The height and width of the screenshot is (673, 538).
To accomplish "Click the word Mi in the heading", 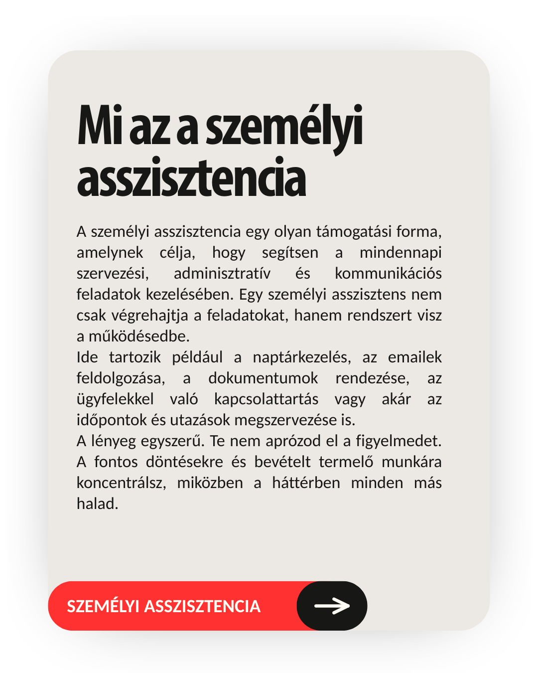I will click(x=100, y=126).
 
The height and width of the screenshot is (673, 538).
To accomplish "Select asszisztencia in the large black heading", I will click(x=191, y=178).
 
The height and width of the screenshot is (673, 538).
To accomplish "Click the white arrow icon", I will click(x=332, y=606).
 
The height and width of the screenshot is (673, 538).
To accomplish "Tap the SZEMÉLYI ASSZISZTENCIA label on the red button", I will click(x=163, y=606).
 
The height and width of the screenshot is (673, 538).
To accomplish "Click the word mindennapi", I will click(x=401, y=253).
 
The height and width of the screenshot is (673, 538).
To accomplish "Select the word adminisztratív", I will click(x=222, y=274).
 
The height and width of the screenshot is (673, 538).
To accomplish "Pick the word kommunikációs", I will click(x=388, y=274).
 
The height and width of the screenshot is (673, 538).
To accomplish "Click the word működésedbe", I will click(x=139, y=336).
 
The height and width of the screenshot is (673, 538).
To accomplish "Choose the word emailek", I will click(x=414, y=357).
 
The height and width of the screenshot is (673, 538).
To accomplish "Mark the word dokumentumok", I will click(x=263, y=378).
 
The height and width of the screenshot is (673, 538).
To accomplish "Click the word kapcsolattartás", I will click(x=266, y=399).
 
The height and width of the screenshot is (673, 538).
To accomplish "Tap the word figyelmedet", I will click(x=399, y=441).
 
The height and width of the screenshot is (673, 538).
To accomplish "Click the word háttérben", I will click(x=306, y=483).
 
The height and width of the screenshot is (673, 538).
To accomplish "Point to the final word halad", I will click(x=97, y=504).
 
